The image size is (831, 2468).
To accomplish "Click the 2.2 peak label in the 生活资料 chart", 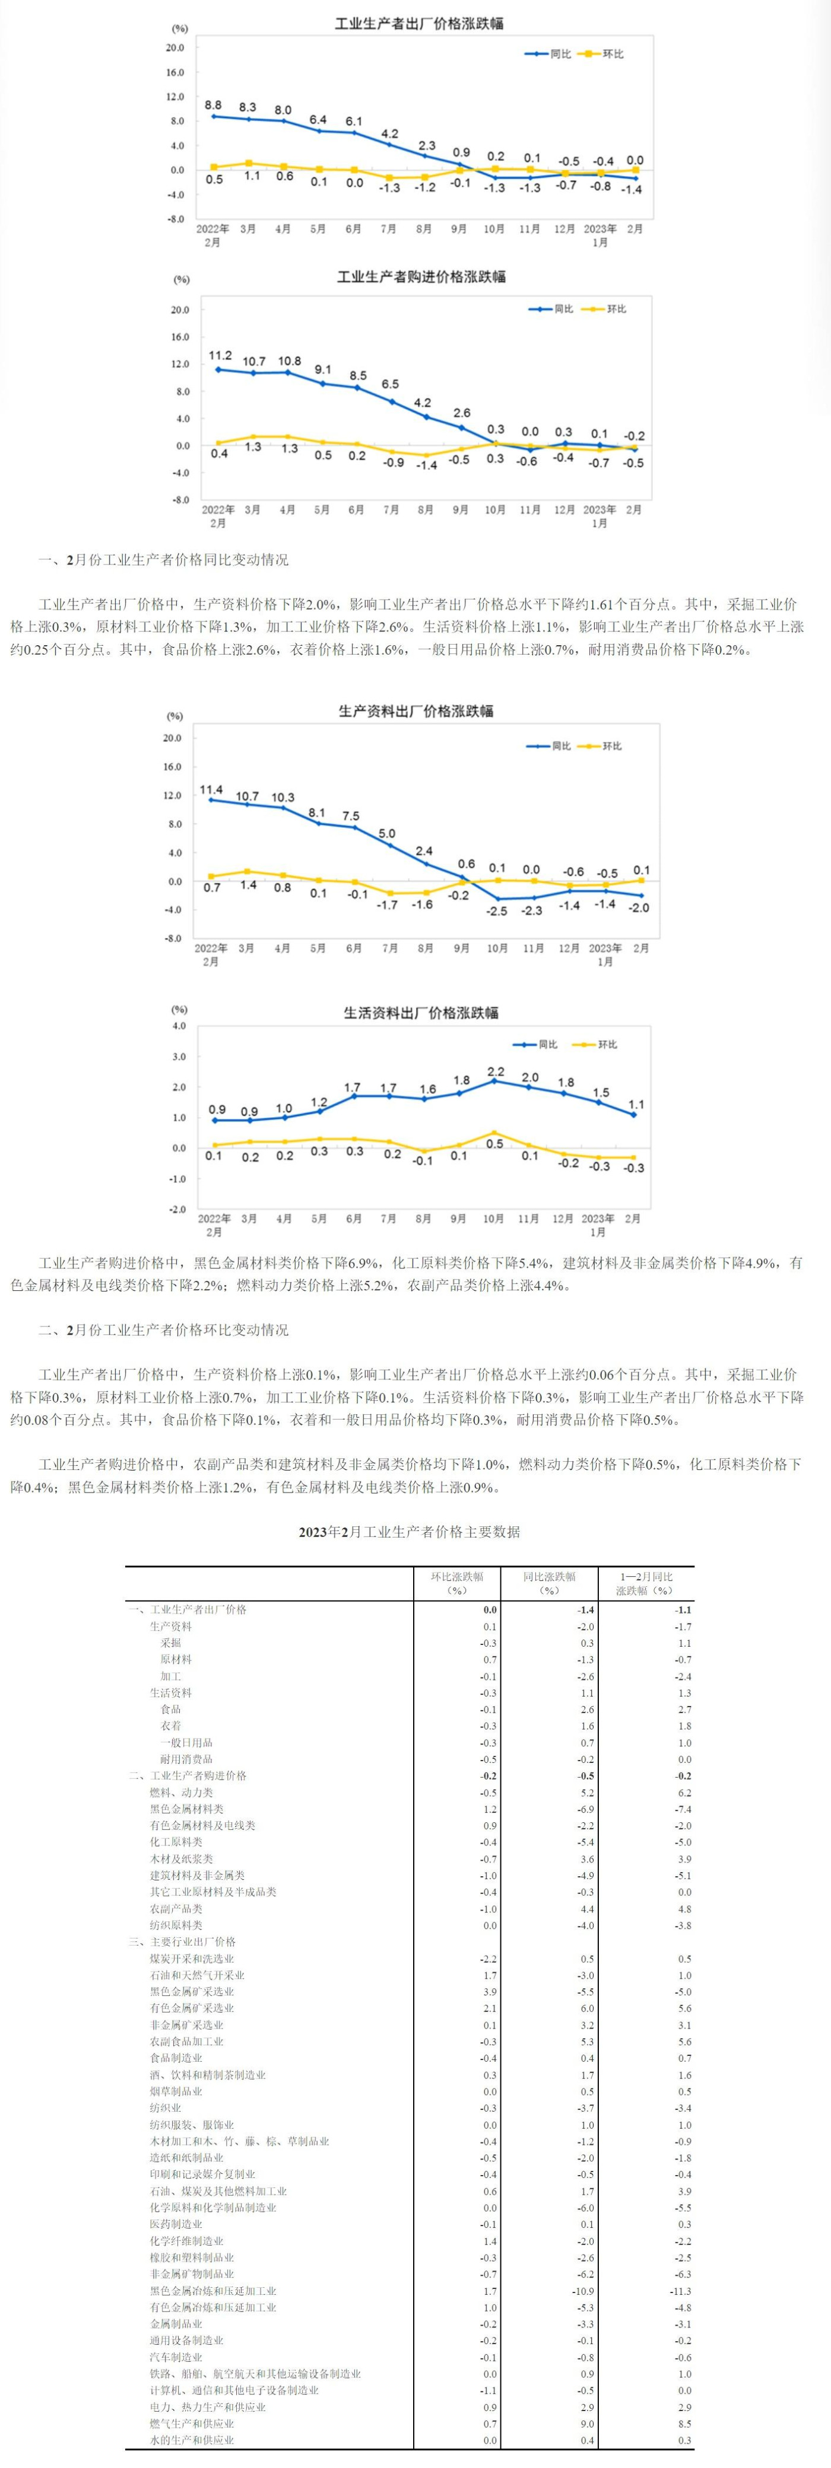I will pyautogui.click(x=496, y=1071).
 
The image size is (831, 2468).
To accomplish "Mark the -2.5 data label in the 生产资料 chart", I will pyautogui.click(x=496, y=911).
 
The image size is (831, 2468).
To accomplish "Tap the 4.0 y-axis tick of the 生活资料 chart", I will pyautogui.click(x=178, y=1026).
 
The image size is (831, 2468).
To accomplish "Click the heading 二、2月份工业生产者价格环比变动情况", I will pyautogui.click(x=163, y=1330).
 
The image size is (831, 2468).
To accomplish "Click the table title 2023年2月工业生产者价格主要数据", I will pyautogui.click(x=410, y=1532).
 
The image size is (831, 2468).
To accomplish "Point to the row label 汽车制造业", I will pyautogui.click(x=176, y=2358).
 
